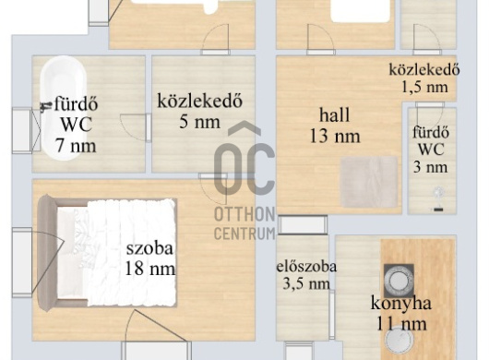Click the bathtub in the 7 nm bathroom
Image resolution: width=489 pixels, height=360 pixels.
tap(64, 108)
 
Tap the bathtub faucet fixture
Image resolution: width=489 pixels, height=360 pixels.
tap(46, 106)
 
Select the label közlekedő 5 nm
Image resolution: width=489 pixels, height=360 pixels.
tap(200, 111)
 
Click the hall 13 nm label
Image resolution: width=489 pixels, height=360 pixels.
tap(335, 126)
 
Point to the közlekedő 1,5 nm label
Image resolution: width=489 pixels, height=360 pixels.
tap(424, 78)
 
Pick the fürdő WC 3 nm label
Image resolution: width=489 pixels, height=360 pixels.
tap(431, 150)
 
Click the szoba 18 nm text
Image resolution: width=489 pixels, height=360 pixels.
tap(149, 259)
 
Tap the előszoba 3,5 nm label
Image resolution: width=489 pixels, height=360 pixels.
tap(306, 275)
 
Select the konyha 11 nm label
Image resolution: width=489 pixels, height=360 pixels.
tap(401, 313)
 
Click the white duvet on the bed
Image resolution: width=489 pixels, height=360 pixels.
tap(132, 252)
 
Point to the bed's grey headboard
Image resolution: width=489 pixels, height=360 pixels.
tap(47, 252)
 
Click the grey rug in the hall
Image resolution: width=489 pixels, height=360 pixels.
tap(369, 182)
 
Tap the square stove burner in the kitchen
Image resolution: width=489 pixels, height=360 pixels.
tap(399, 280)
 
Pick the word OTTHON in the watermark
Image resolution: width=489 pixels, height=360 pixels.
tap(244, 214)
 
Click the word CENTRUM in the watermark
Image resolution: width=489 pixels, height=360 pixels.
tap(244, 233)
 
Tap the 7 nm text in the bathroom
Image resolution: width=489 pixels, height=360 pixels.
tap(76, 145)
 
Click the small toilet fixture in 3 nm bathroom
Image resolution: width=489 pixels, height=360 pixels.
tap(438, 198)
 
